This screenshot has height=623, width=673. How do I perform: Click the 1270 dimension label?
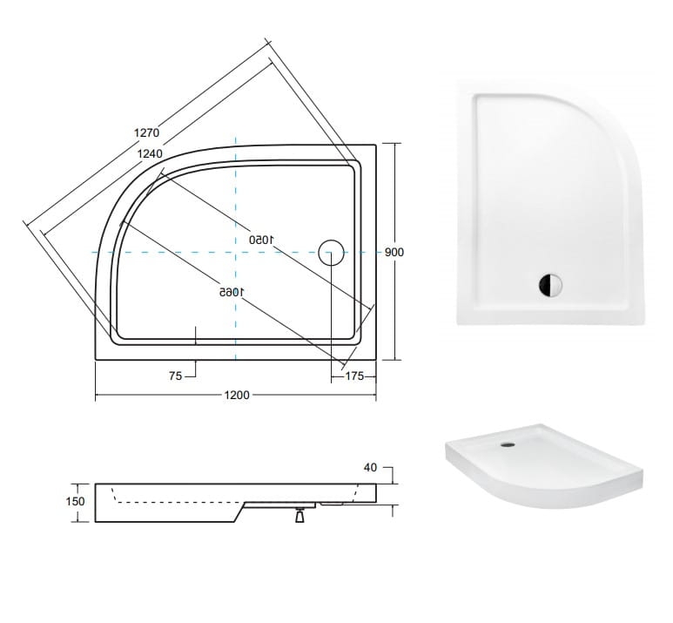click(147, 132)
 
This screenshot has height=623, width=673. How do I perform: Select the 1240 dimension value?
click(150, 154)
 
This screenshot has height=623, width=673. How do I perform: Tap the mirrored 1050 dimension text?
click(261, 240)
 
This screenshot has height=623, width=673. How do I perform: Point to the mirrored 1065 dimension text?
click(232, 292)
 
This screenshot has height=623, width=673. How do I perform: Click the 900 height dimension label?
click(394, 252)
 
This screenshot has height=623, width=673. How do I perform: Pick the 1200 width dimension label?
click(237, 395)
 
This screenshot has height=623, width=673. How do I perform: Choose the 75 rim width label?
click(176, 376)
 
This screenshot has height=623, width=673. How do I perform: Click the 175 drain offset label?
click(354, 376)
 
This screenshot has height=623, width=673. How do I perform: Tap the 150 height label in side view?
click(76, 501)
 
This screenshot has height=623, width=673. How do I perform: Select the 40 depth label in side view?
click(370, 467)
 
